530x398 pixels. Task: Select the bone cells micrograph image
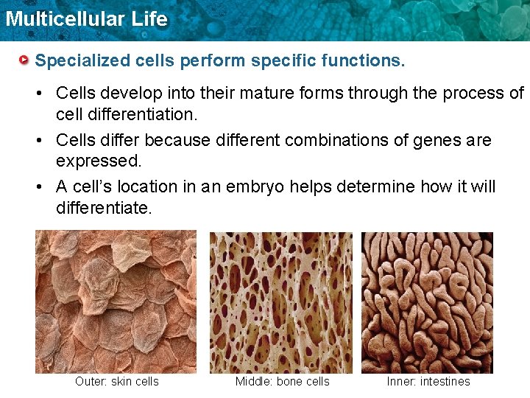tap(281, 302)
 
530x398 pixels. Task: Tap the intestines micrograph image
tap(427, 302)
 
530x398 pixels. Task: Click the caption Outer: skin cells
tap(116, 382)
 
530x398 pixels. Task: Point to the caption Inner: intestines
tap(428, 382)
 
